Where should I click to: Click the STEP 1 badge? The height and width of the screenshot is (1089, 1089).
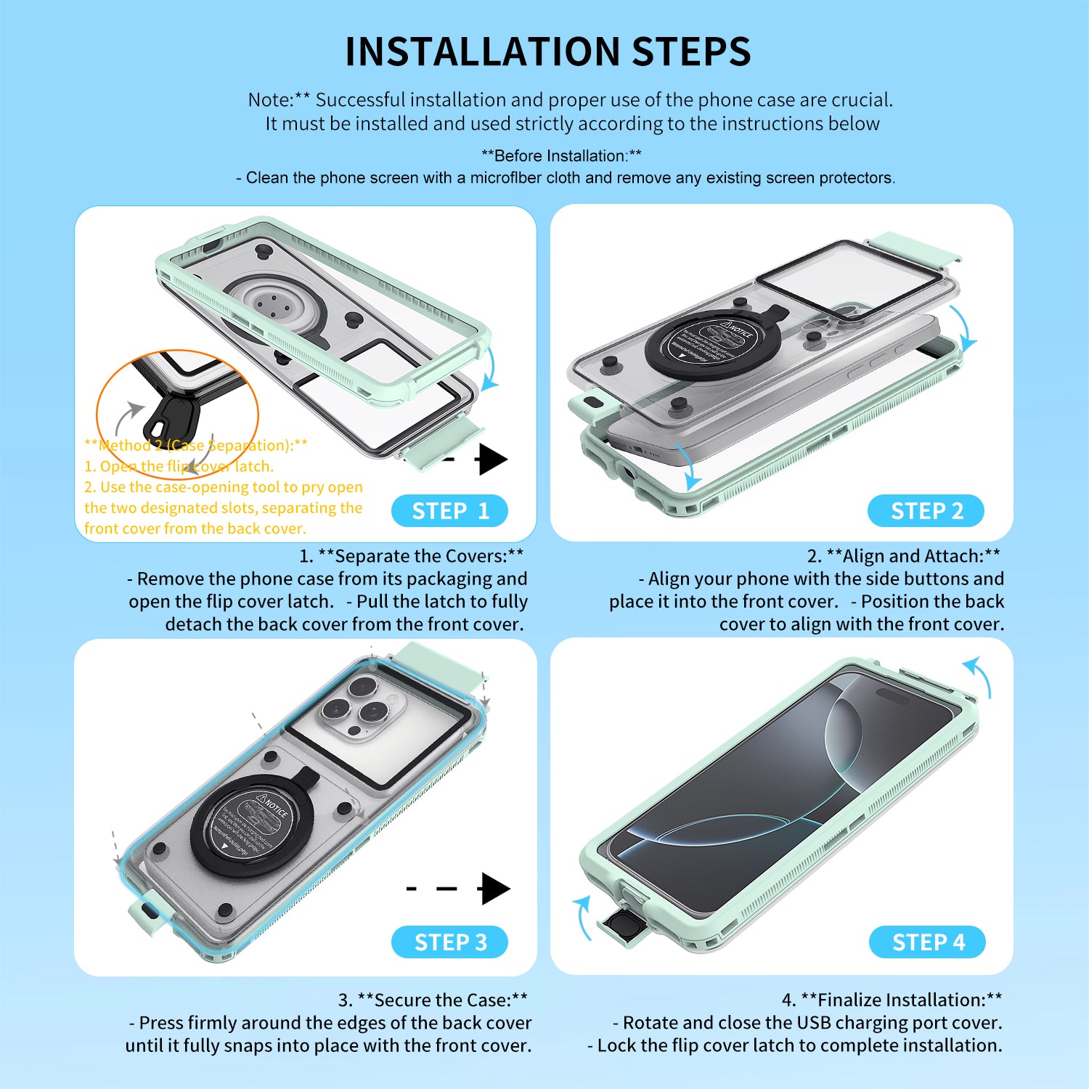[x=449, y=511]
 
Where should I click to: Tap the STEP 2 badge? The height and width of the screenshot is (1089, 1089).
[x=926, y=511]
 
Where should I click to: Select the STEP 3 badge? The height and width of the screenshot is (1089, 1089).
[x=449, y=942]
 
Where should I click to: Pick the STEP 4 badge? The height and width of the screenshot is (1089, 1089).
[x=927, y=942]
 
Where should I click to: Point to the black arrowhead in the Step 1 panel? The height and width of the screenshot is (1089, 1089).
[x=493, y=460]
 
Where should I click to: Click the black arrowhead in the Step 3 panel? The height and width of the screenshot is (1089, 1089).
[x=495, y=889]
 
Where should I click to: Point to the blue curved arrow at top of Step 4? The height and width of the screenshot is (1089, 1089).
[x=978, y=675]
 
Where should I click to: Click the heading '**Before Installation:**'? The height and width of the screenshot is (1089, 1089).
[x=561, y=156]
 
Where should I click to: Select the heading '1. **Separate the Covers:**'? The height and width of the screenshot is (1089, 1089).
[x=411, y=556]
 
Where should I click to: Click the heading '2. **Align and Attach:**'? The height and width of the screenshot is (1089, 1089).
[x=903, y=556]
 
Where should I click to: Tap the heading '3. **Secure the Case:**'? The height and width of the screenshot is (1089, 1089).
[x=433, y=1000]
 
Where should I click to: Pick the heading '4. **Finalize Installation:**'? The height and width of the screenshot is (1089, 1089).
[x=892, y=1000]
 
